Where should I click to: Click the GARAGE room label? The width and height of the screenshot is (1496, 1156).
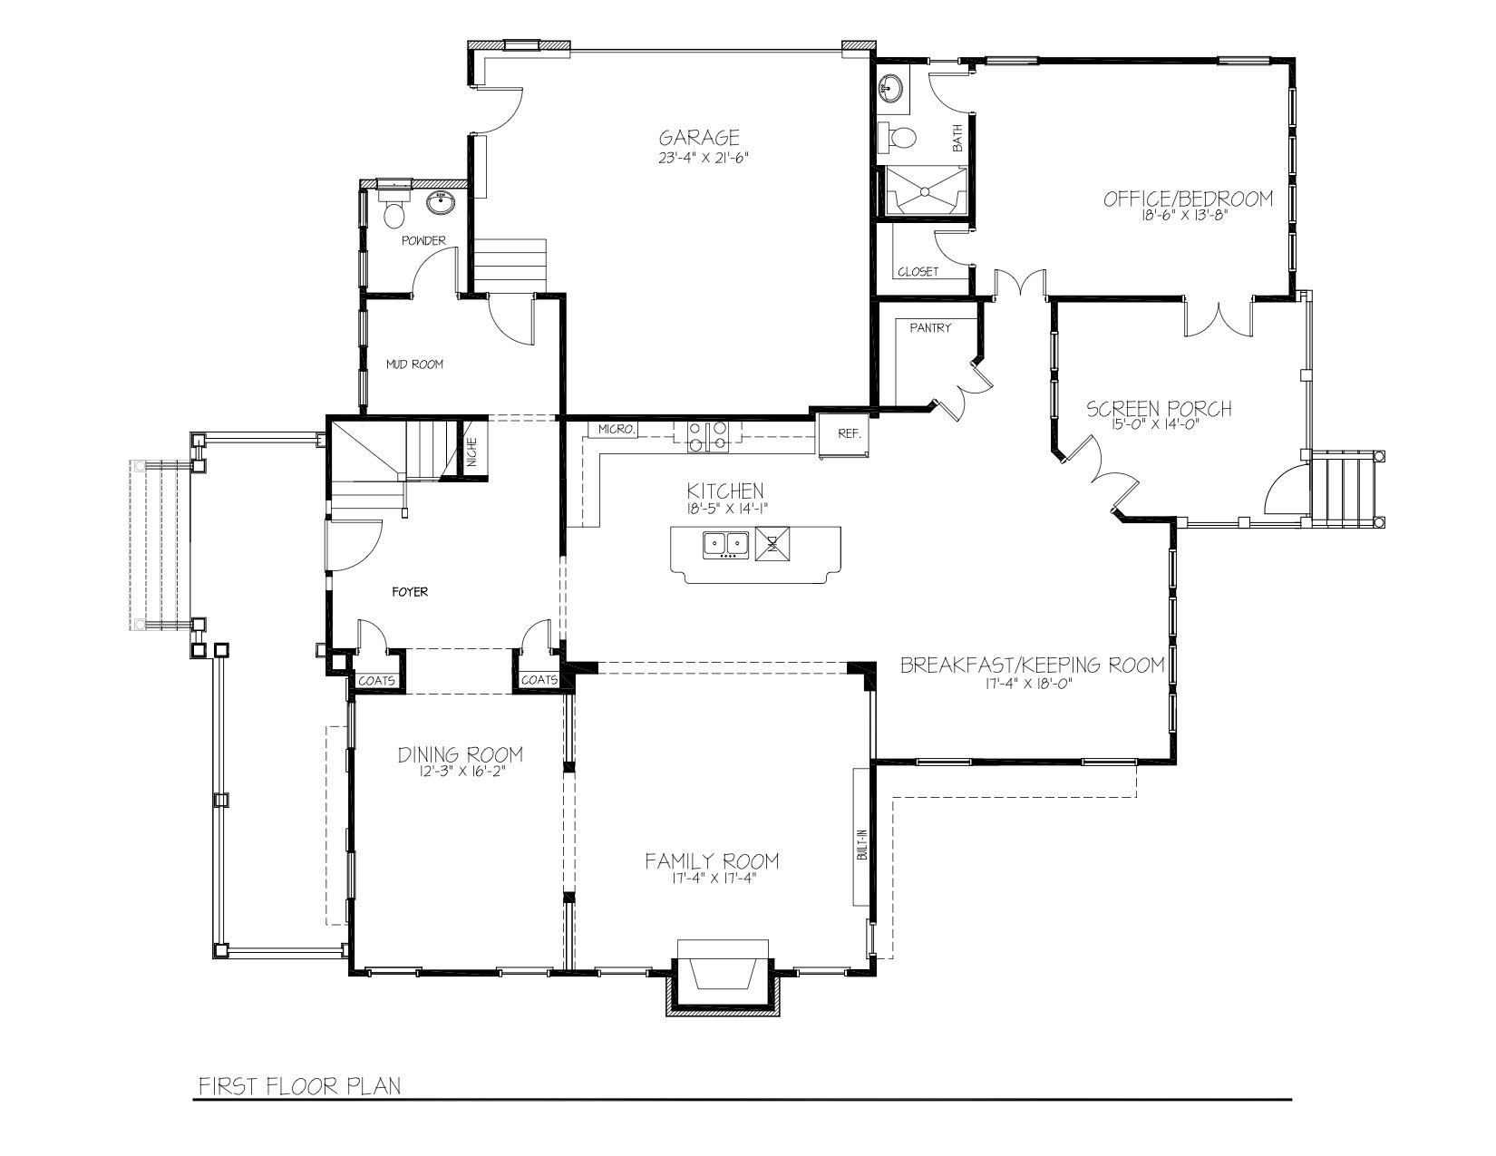click(x=699, y=137)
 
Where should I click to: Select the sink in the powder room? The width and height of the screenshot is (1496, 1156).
click(x=441, y=203)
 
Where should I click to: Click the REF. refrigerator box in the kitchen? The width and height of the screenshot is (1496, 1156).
click(x=843, y=434)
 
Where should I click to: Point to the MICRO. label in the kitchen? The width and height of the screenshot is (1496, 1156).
click(x=615, y=429)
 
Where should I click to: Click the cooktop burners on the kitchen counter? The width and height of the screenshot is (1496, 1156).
click(x=708, y=436)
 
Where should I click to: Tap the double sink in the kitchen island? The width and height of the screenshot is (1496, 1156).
click(x=725, y=545)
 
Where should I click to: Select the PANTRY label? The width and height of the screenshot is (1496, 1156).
click(x=930, y=327)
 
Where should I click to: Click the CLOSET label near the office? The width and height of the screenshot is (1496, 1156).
click(x=918, y=272)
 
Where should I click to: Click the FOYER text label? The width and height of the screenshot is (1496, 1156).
click(x=410, y=591)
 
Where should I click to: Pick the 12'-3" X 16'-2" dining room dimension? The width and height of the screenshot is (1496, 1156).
click(x=461, y=772)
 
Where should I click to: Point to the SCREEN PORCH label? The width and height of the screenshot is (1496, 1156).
click(x=1159, y=409)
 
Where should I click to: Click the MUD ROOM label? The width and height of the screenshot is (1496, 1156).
click(x=413, y=364)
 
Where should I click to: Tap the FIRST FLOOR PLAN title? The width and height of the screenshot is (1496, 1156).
click(x=299, y=1086)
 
